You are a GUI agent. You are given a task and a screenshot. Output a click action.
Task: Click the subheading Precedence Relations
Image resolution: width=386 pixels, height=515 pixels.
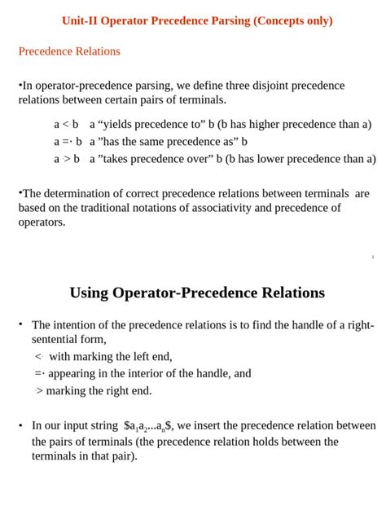click(69, 51)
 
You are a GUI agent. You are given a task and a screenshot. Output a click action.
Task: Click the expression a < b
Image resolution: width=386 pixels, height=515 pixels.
click(66, 125)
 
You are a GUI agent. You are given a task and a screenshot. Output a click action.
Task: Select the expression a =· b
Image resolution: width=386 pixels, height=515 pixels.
click(68, 142)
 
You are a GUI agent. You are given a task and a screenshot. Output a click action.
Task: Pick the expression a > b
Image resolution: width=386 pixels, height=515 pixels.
click(66, 159)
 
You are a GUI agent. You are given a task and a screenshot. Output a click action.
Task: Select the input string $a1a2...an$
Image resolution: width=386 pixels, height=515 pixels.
click(147, 426)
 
